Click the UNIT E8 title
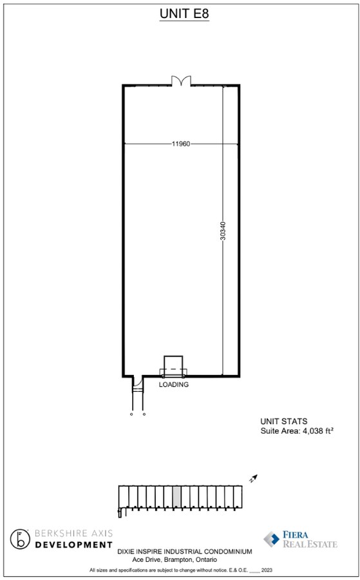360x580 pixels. [x=184, y=14]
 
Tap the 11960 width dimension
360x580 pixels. [x=181, y=144]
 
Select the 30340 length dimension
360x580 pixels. [x=223, y=231]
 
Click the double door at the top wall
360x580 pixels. [x=181, y=81]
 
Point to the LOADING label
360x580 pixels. [x=174, y=384]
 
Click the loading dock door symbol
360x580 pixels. [x=173, y=367]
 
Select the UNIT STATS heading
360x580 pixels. [x=283, y=421]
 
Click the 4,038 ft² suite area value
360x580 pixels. [x=316, y=430]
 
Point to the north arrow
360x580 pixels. [x=253, y=478]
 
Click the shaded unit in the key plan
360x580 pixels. [x=176, y=496]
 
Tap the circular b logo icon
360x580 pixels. [x=20, y=539]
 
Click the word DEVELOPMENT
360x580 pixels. [x=73, y=545]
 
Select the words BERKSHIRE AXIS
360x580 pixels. [x=73, y=533]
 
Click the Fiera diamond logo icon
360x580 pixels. [x=272, y=539]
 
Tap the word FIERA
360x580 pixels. [x=296, y=534]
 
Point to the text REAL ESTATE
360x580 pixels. [x=310, y=544]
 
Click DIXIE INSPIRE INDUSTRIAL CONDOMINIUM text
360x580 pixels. [x=185, y=552]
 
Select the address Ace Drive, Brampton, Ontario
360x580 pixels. [x=175, y=559]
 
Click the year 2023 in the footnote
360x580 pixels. [x=267, y=570]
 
